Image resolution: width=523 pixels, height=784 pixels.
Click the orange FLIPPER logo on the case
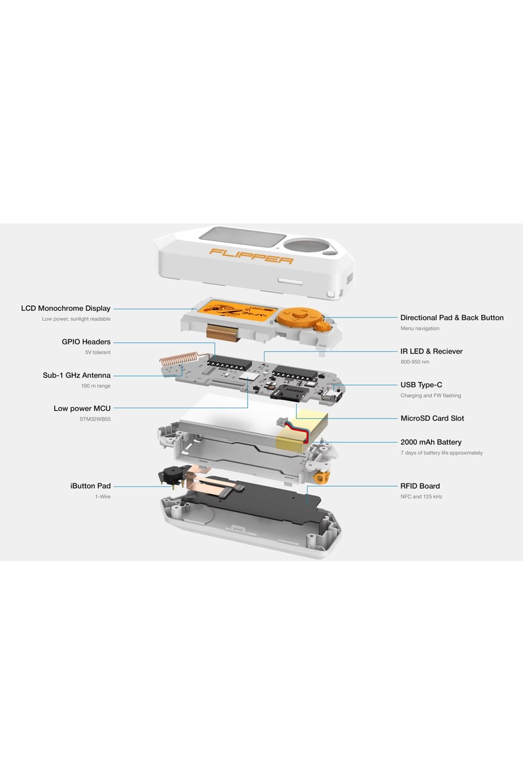coord(251,256)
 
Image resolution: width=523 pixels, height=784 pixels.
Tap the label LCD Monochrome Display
coord(66,308)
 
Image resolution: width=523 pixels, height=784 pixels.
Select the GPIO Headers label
coord(86,342)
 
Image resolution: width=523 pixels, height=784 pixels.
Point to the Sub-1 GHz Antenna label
coord(76,375)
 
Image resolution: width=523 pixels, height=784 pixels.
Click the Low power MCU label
coord(82,408)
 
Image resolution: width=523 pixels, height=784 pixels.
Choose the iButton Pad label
coord(90,486)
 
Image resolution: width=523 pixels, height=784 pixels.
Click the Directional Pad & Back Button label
coord(452,318)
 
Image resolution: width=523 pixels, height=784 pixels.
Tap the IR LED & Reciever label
coord(431,351)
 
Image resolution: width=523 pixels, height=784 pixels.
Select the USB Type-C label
coord(422,385)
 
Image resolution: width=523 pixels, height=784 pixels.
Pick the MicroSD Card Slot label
coord(432,418)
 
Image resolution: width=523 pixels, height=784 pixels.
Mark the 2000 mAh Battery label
coord(431,442)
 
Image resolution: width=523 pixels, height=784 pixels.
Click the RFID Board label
coord(420,486)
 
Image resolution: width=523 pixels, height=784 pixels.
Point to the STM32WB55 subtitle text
coord(95,419)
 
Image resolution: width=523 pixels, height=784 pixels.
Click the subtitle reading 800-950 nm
coord(414,362)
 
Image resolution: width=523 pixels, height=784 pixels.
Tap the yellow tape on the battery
coord(302,432)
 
